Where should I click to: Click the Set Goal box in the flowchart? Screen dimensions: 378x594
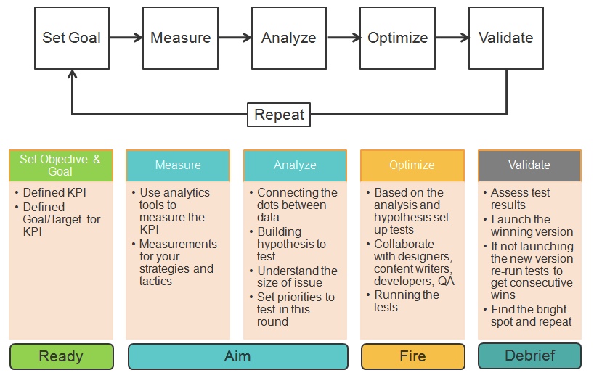pos(71,38)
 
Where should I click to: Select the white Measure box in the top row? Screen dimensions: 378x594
pos(180,38)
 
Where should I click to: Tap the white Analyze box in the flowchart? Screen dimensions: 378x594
pos(288,38)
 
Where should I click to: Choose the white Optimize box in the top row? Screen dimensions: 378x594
pos(397,38)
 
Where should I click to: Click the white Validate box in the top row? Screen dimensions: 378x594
pos(505,38)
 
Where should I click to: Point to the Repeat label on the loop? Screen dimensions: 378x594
pos(279,115)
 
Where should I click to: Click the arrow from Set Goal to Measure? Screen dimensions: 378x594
pos(126,38)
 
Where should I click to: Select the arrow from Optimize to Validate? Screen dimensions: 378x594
pos(451,38)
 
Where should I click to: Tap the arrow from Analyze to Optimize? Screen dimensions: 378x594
pos(343,38)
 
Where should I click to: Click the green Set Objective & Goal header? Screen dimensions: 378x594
pos(60,165)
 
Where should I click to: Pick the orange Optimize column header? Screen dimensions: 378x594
pos(412,165)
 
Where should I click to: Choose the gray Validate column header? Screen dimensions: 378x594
pos(529,165)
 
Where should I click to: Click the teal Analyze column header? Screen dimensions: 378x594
pos(295,165)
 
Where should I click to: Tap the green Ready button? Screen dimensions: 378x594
pos(61,356)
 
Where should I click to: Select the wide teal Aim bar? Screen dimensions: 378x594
pos(237,356)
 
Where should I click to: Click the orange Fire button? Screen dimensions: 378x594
pos(412,356)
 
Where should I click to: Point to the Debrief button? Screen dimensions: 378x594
pos(529,356)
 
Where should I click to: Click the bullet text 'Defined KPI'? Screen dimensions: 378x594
pos(54,193)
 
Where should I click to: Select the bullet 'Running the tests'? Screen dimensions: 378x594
pos(406,301)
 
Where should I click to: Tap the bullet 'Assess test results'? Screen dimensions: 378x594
pos(520,199)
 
